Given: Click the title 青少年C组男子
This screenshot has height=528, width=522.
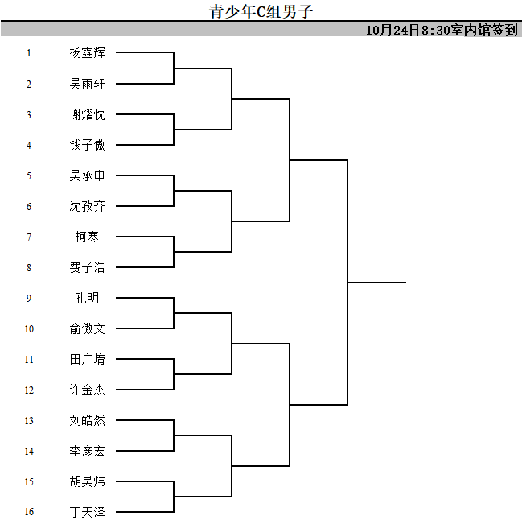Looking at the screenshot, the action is click(261, 11).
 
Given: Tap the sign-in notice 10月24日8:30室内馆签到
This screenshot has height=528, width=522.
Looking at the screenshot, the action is click(442, 30).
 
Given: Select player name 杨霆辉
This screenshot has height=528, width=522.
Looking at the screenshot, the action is click(87, 52).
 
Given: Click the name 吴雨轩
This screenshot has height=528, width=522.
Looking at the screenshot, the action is click(87, 84).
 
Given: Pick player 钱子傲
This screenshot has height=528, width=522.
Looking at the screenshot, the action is click(87, 145).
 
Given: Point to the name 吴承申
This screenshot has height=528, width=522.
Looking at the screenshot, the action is click(87, 175).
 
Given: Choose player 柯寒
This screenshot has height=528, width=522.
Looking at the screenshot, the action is click(87, 237).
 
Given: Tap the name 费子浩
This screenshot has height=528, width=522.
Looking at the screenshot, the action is click(87, 267).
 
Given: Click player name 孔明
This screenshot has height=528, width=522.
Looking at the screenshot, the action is click(87, 298).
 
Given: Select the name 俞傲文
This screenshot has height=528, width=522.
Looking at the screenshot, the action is click(87, 328).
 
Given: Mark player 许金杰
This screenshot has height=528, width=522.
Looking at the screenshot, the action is click(87, 390).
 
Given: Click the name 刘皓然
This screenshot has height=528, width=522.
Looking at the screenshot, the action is click(87, 421).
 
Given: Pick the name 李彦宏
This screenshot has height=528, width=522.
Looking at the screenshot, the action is click(87, 452).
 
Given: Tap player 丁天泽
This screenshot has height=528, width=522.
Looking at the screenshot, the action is click(87, 512).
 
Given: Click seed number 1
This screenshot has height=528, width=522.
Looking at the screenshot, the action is click(29, 53).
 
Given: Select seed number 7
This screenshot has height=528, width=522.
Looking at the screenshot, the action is click(29, 237).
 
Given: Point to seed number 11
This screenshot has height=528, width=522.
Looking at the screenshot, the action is click(29, 360).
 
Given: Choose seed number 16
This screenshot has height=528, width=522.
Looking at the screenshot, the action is click(29, 512).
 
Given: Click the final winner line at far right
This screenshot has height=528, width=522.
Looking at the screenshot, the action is click(377, 283).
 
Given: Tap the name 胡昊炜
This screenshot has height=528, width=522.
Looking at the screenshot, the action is click(87, 481).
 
